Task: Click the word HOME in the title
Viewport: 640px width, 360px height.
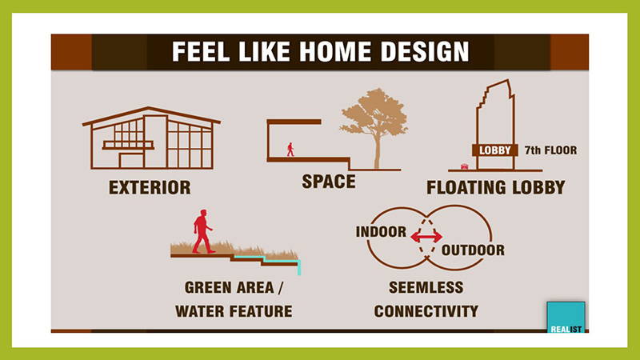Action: pos(335,52)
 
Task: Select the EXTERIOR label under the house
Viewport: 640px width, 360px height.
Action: pos(150,188)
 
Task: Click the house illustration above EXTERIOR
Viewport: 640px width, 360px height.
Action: pos(151,138)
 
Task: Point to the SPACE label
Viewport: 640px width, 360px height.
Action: pos(329,182)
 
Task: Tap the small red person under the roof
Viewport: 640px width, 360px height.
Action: pos(290,150)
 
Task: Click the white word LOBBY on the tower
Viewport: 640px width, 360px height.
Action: pos(495,150)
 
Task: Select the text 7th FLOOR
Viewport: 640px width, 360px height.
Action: pos(550,150)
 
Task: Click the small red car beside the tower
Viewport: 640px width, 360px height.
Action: pos(465,166)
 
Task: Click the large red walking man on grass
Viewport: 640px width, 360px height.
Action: pos(203,231)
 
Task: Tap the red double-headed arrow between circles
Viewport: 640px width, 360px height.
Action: pos(426,237)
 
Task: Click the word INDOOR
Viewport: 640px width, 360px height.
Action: pos(382,232)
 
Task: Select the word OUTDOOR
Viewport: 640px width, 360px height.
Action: pos(473,250)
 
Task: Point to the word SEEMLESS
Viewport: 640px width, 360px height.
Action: pos(426,287)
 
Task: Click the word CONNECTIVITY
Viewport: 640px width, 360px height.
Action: pos(426,311)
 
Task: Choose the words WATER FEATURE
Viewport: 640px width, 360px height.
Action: pos(234,311)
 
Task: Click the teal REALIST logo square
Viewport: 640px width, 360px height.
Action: pos(566,317)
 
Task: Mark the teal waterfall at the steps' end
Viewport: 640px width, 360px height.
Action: pos(299,268)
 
